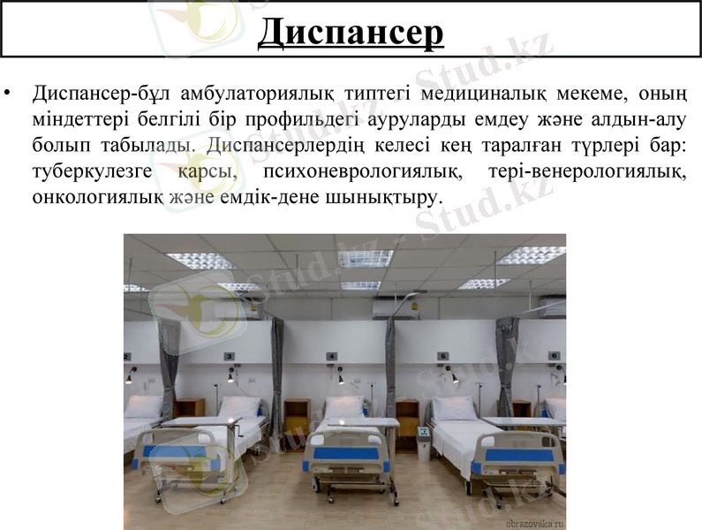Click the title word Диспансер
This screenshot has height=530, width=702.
[351, 34]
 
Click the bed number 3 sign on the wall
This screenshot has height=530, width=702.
[229, 356]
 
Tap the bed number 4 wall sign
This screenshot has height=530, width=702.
[332, 356]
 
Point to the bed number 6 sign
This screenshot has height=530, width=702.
[555, 355]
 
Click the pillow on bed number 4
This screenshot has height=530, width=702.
[344, 406]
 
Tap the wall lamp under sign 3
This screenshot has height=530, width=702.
[231, 378]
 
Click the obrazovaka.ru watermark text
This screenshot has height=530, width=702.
[533, 522]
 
